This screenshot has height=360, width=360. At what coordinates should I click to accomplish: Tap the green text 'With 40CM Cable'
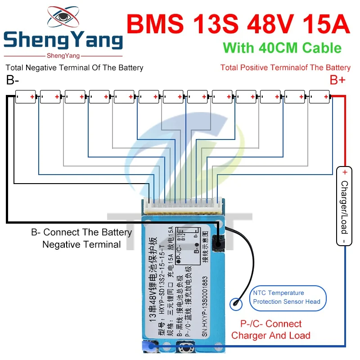pyautogui.click(x=282, y=48)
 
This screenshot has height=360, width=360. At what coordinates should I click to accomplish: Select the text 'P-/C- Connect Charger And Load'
pyautogui.click(x=270, y=329)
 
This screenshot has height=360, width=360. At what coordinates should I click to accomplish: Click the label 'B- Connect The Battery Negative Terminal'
pyautogui.click(x=81, y=238)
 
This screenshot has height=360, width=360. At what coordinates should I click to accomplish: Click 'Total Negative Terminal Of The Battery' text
pyautogui.click(x=74, y=68)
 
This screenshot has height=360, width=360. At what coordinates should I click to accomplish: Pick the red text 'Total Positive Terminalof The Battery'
pyautogui.click(x=285, y=68)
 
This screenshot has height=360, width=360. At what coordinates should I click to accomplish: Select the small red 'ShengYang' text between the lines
pyautogui.click(x=63, y=56)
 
